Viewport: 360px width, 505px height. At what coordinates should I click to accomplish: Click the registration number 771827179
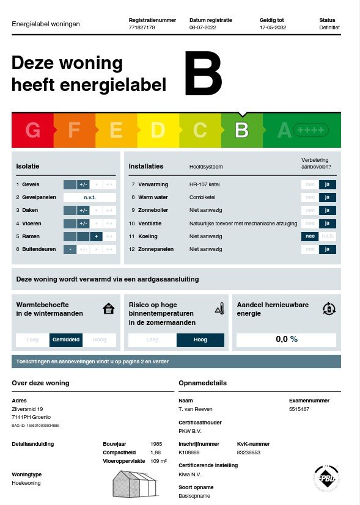(x=142, y=27)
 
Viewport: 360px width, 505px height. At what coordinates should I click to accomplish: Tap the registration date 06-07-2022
(x=203, y=27)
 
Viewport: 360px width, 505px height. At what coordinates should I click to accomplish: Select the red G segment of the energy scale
(x=33, y=130)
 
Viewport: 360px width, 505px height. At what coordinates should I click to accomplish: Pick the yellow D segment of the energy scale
(x=158, y=130)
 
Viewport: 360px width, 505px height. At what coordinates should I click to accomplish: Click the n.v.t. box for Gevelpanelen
(x=90, y=197)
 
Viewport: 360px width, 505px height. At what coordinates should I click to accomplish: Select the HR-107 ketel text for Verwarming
(x=204, y=184)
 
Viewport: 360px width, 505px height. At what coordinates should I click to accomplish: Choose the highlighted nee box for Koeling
(x=310, y=236)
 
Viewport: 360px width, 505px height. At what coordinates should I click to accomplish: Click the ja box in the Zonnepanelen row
(x=328, y=249)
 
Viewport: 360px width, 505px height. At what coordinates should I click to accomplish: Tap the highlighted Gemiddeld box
(x=66, y=340)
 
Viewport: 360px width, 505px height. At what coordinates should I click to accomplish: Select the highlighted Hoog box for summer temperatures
(x=200, y=340)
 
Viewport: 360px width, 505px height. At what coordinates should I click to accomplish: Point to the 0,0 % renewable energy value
(x=286, y=340)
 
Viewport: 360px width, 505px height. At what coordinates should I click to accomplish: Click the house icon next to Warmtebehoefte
(x=109, y=308)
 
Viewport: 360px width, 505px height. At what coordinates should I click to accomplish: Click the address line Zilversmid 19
(x=28, y=409)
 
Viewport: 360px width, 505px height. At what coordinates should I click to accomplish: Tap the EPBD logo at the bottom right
(x=326, y=478)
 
